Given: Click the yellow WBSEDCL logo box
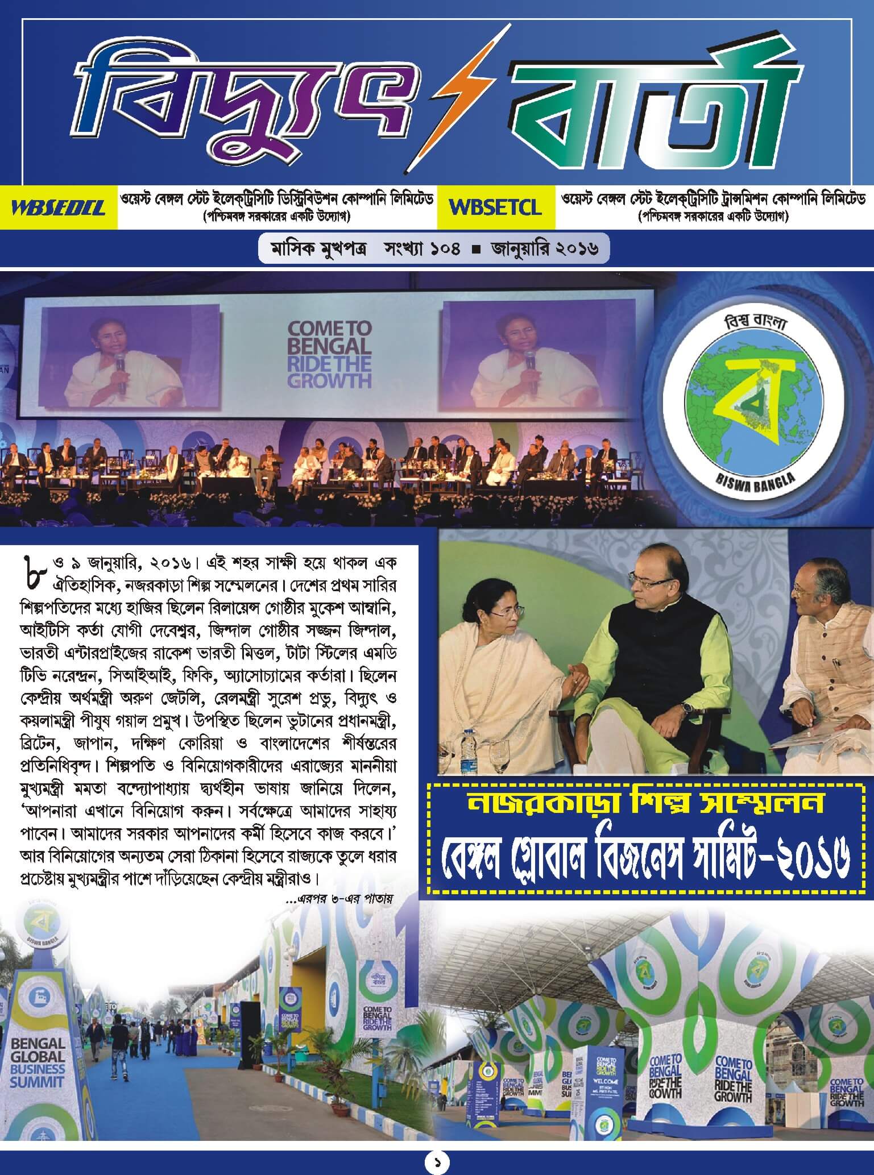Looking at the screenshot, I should coord(59,207).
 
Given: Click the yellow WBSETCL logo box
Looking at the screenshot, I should coord(495,207).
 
